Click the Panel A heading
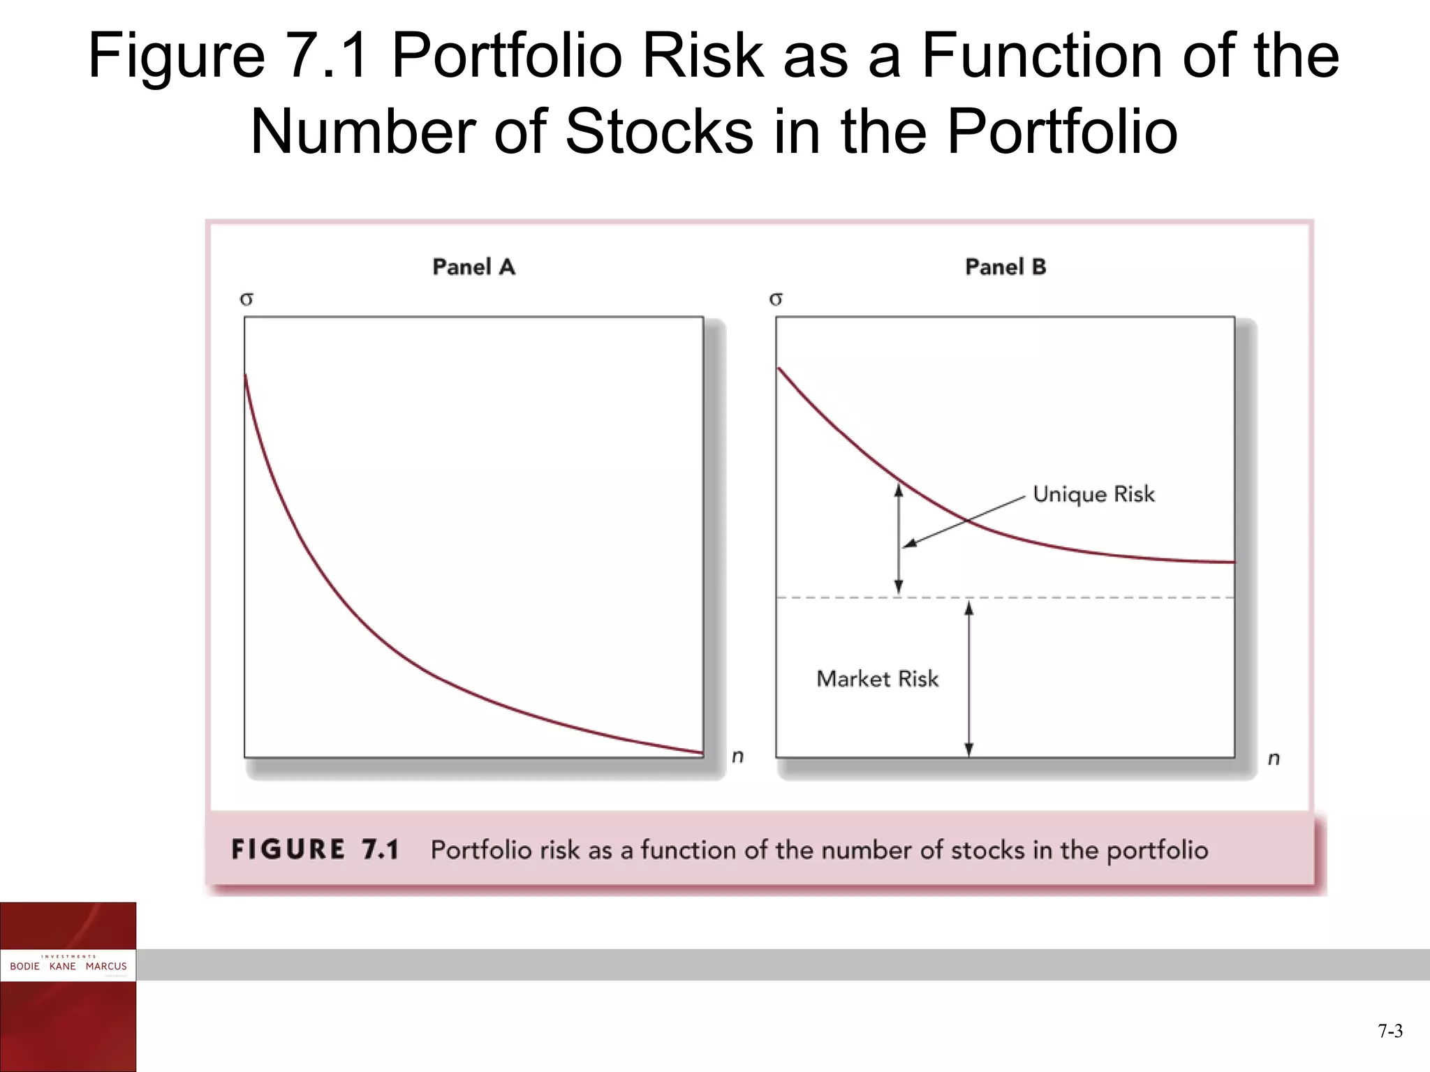(473, 267)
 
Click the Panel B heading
(1005, 267)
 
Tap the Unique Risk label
(1093, 494)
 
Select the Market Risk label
(878, 679)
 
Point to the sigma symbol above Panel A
(246, 299)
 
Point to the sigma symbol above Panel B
(776, 299)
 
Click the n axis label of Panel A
(737, 757)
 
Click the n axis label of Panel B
(1274, 759)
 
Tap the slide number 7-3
(1390, 1032)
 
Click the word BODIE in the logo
(24, 967)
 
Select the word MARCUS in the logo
(106, 967)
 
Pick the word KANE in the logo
(62, 967)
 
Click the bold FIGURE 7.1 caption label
(315, 850)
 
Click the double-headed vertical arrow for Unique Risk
(899, 539)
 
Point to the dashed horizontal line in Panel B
(1117, 598)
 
